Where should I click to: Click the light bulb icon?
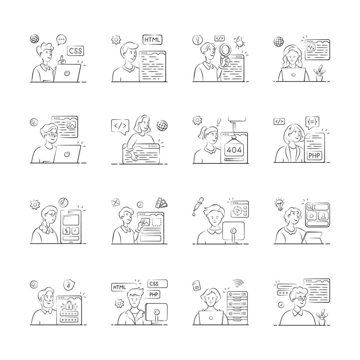[x=280, y=204]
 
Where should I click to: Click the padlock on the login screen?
[x=68, y=305]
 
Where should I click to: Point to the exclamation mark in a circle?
[x=198, y=39]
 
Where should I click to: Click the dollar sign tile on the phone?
[x=66, y=231]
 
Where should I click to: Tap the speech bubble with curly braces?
[x=312, y=121]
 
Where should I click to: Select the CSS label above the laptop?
[x=75, y=50]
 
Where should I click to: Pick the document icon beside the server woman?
[x=196, y=285]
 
